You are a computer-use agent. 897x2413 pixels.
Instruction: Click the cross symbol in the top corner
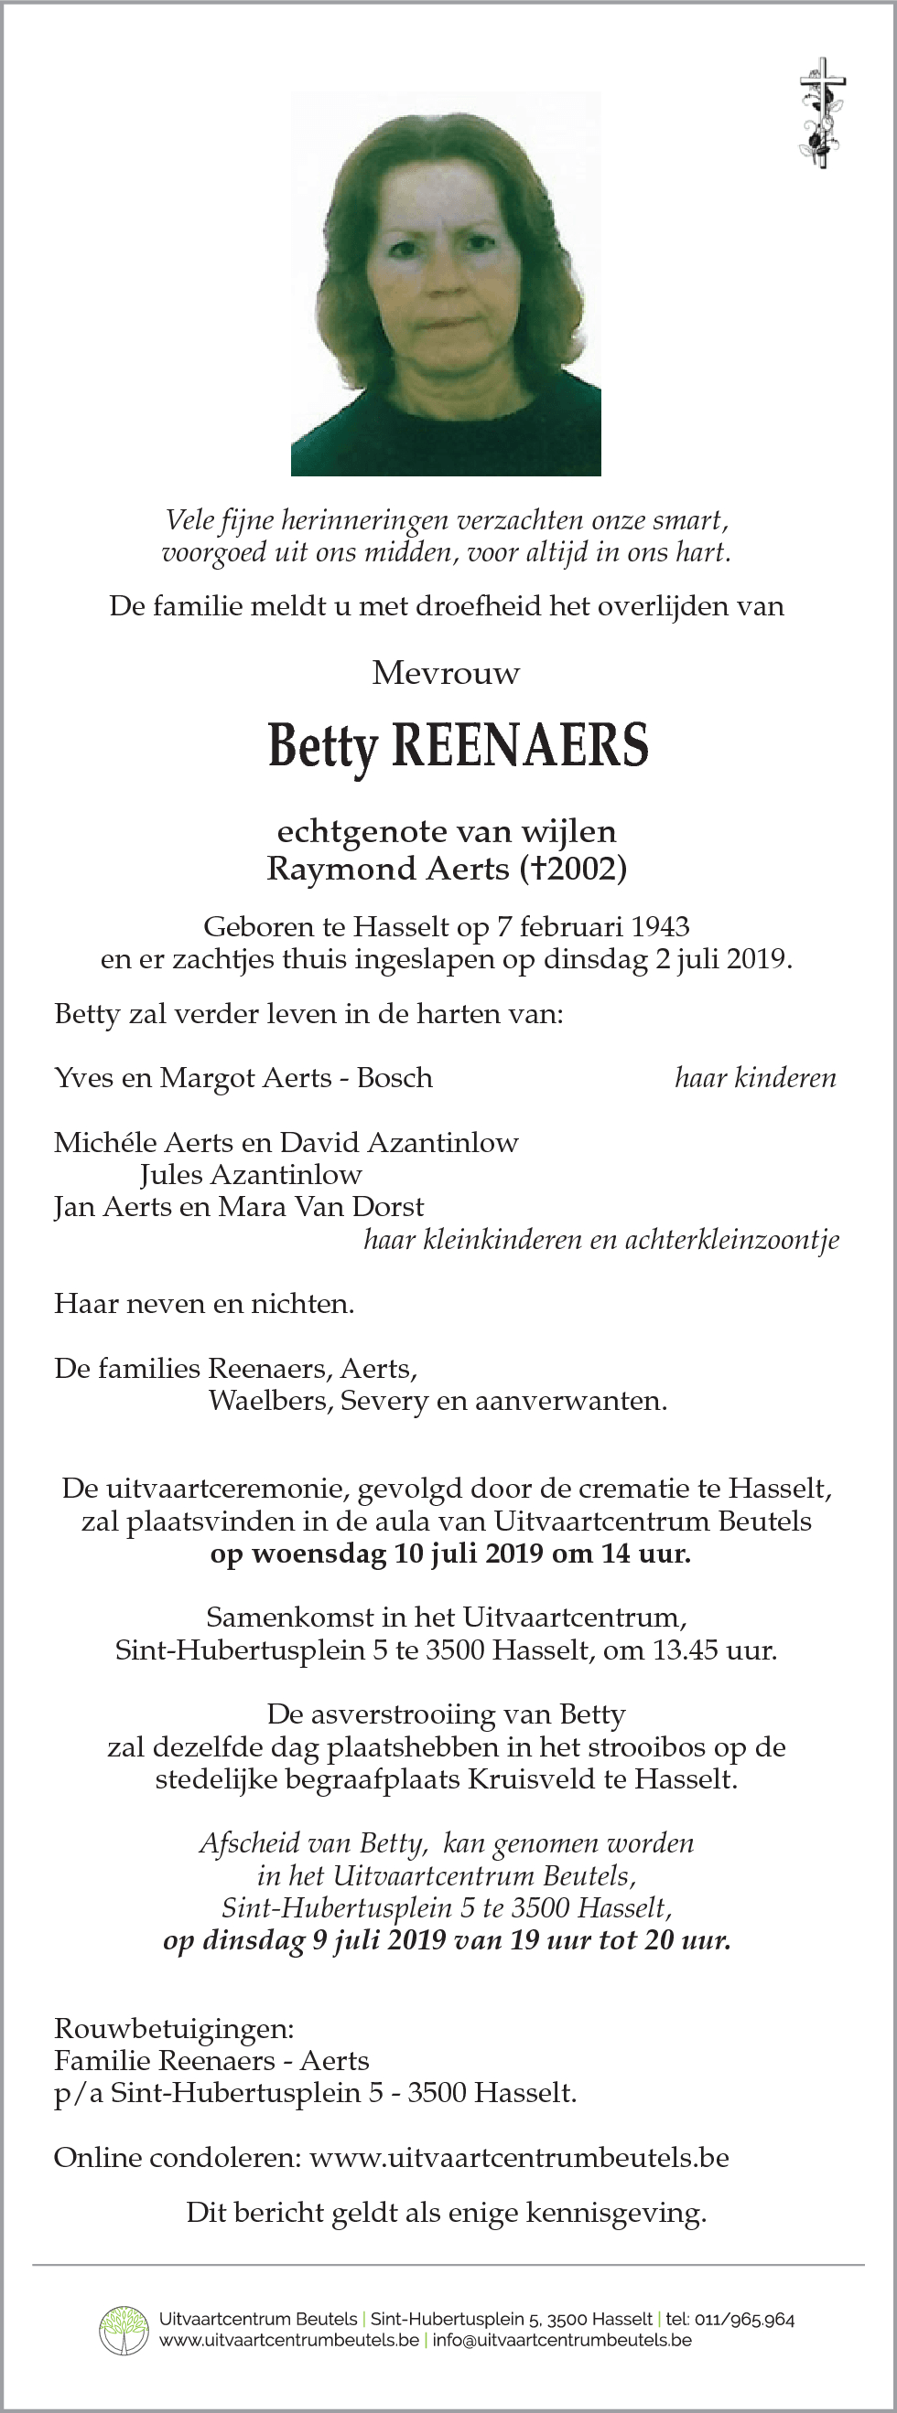point(822,112)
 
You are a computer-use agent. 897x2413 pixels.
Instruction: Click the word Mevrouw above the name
point(446,674)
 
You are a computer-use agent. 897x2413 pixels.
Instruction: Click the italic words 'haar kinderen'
point(755,1078)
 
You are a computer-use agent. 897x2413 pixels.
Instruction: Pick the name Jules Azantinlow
point(251,1175)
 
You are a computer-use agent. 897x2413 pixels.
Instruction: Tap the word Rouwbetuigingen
point(173,2029)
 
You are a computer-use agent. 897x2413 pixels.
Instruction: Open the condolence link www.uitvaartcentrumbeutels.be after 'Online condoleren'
point(519,2158)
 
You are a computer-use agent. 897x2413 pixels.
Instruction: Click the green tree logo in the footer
point(124,2330)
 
